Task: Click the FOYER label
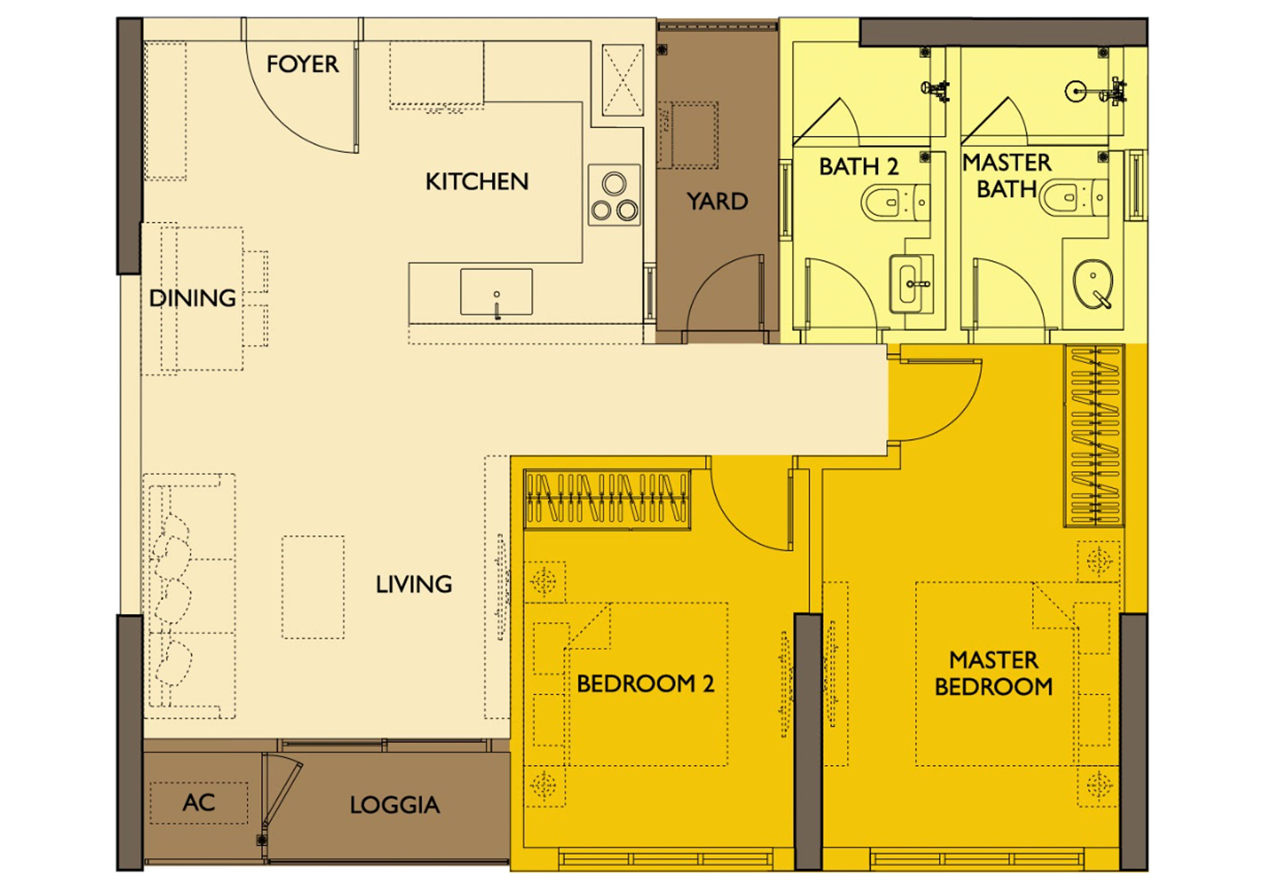click(302, 64)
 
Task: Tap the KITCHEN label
click(477, 181)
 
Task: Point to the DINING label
click(192, 298)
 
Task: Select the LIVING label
click(414, 584)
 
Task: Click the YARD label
click(717, 201)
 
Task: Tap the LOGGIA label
click(395, 805)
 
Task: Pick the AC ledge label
click(198, 802)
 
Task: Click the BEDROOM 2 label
click(645, 683)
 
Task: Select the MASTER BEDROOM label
click(994, 673)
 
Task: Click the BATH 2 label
click(859, 166)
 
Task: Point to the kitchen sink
click(496, 292)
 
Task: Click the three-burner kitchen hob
click(614, 195)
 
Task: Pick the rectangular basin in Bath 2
click(911, 284)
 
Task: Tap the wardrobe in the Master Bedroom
click(1095, 435)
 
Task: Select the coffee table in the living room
click(313, 587)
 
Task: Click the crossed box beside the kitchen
click(623, 80)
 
